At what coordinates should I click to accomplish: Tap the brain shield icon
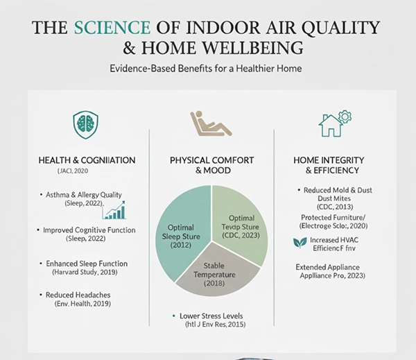(85, 125)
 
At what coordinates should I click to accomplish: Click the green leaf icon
(300, 243)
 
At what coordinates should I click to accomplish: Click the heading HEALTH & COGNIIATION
(87, 160)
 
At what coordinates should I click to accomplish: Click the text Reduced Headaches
(78, 295)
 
